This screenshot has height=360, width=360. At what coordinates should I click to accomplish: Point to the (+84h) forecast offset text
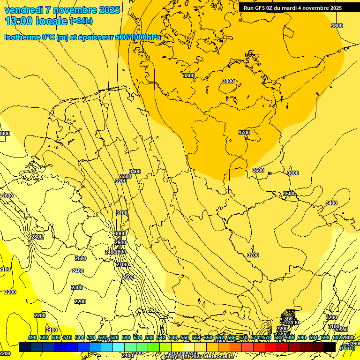(x=81, y=21)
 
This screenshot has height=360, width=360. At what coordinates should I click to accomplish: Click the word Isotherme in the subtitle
(x=21, y=37)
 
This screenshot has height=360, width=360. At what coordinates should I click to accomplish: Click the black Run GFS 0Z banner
(x=292, y=8)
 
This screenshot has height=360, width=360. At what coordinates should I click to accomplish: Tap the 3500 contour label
(x=289, y=194)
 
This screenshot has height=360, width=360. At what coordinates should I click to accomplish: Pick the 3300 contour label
(x=126, y=176)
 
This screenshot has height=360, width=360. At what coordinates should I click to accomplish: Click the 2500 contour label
(x=81, y=258)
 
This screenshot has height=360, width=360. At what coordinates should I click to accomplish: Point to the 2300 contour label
(x=77, y=287)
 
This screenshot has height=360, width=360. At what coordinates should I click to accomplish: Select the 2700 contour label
(x=122, y=265)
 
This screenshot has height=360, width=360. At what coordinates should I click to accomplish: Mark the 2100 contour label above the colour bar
(x=52, y=330)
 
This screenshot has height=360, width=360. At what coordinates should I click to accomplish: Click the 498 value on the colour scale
(x=32, y=337)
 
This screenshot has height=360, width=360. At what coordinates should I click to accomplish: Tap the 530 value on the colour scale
(x=126, y=337)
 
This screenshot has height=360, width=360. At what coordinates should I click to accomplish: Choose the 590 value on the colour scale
(x=302, y=337)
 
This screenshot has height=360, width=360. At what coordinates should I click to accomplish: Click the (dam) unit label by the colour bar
(x=347, y=347)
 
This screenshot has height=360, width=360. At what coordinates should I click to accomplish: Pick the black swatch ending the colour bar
(x=330, y=347)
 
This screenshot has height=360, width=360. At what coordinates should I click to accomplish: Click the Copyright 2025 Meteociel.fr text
(x=199, y=357)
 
